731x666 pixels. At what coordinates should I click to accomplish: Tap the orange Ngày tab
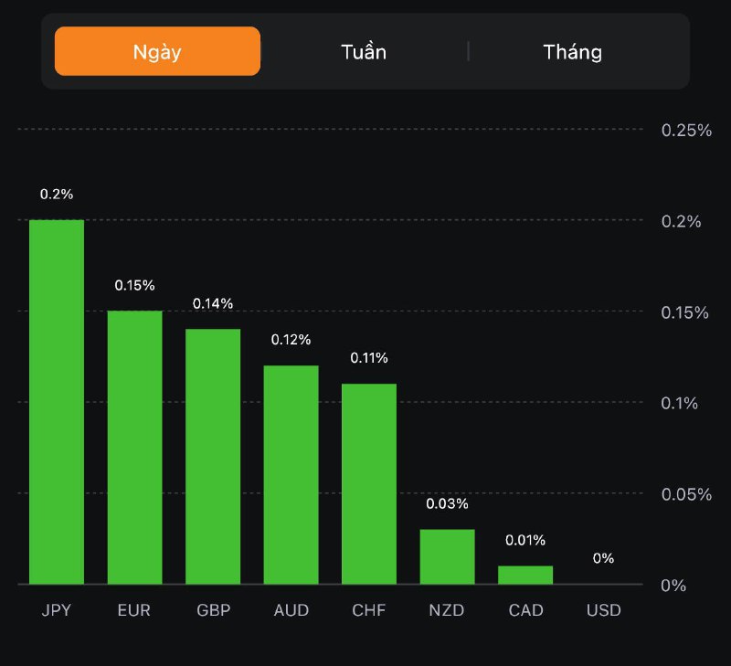[157, 51]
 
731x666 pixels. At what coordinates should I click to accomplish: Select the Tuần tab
[364, 51]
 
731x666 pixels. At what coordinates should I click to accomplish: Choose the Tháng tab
[573, 51]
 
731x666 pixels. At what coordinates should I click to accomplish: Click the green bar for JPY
[57, 402]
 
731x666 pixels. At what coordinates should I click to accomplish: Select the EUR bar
[135, 448]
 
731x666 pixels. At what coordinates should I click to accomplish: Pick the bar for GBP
[213, 457]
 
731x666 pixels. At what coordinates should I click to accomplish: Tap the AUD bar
[291, 475]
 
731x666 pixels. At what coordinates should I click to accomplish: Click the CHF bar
[369, 484]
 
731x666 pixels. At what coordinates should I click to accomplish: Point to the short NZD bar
[448, 556]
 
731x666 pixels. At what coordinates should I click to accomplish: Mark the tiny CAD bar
[525, 575]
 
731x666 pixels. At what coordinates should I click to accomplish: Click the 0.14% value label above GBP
[213, 303]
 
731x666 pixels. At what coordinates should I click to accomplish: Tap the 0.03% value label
[448, 503]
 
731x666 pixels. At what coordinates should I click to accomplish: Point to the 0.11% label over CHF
[369, 357]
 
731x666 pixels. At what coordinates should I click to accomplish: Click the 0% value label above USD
[603, 558]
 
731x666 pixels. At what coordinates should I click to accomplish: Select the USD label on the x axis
[603, 610]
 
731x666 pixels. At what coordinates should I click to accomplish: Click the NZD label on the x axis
[448, 610]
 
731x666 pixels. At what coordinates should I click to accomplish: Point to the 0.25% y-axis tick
[686, 130]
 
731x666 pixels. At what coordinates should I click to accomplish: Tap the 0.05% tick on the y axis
[686, 494]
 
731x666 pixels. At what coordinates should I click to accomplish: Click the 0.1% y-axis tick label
[680, 403]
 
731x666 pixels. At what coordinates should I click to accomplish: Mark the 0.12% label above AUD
[291, 340]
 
